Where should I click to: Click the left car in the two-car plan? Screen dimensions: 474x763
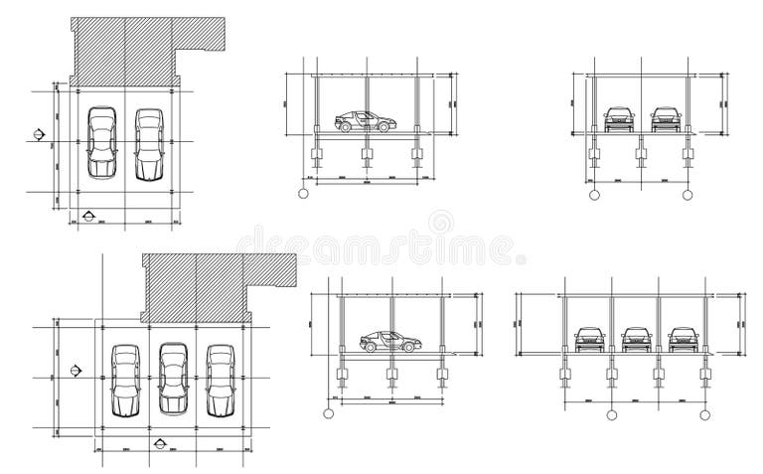pos(101,143)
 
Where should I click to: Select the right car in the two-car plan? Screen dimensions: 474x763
pos(147,145)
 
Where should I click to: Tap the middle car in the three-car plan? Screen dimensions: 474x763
pos(173,380)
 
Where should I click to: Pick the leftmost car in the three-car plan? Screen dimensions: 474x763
pos(125,380)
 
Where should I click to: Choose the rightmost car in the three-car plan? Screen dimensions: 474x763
pos(220,380)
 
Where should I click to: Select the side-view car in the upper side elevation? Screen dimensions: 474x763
pos(365,121)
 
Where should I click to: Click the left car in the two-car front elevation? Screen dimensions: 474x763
pos(619,119)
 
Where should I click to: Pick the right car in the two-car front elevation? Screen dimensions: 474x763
pos(666,119)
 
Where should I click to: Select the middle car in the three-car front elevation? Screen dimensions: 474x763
pos(634,339)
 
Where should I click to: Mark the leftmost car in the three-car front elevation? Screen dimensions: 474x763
pos(587,339)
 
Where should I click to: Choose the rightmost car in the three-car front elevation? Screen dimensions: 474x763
pos(681,339)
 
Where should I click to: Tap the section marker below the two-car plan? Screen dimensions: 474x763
pos(89,214)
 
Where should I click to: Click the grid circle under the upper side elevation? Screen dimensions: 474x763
pos(304,194)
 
